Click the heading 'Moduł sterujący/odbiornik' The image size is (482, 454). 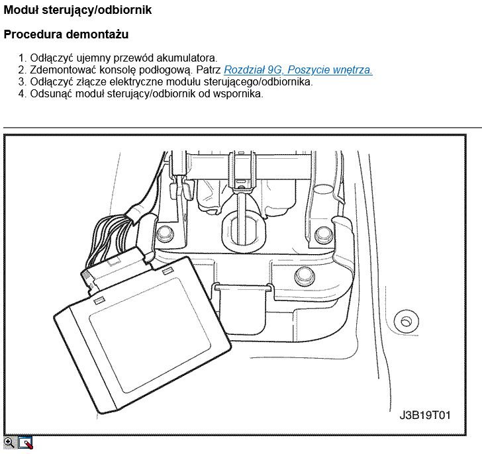77,10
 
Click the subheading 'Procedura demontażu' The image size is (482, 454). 66,34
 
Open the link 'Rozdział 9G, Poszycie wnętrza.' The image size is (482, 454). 298,69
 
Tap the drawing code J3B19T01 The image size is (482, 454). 425,416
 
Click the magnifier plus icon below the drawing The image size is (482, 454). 9,443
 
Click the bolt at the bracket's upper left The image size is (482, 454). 164,232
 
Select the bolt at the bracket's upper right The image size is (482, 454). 323,234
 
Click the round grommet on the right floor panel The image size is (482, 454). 403,322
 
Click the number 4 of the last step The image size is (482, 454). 22,93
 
